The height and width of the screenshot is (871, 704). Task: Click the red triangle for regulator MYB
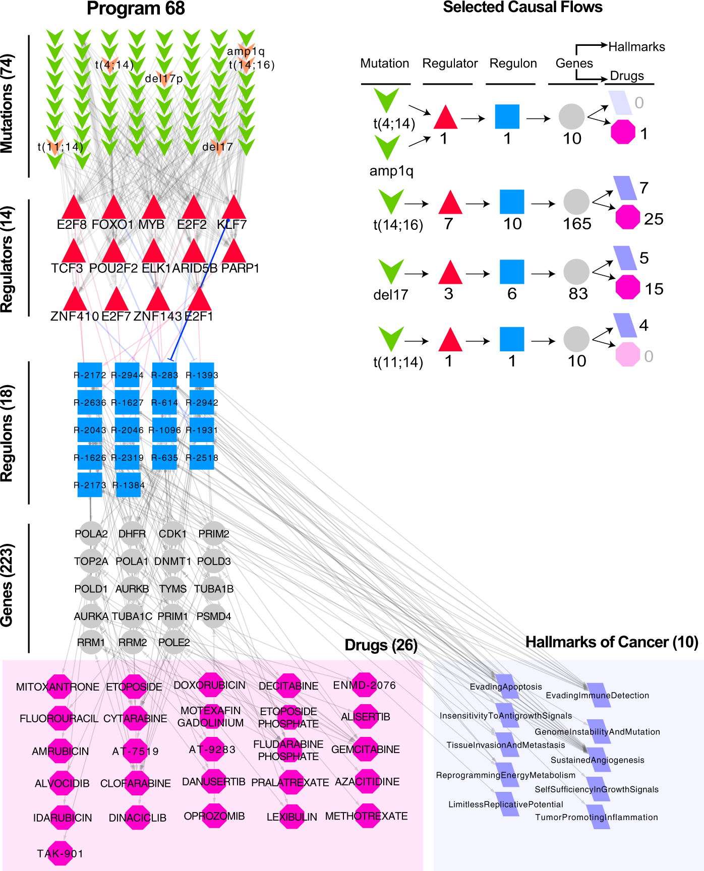click(154, 208)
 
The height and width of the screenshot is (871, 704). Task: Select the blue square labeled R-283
click(164, 375)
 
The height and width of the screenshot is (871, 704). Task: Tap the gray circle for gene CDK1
click(172, 533)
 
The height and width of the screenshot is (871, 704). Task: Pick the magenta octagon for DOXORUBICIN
click(210, 685)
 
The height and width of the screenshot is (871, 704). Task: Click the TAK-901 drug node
click(61, 853)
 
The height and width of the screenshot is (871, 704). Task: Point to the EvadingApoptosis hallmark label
click(506, 687)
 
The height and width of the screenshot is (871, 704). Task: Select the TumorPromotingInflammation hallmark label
click(597, 817)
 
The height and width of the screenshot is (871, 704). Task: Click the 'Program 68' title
click(136, 9)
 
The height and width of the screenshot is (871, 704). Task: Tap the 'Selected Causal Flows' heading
click(522, 7)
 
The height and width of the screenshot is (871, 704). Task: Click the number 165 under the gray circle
click(577, 224)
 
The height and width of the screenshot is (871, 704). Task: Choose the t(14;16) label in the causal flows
click(398, 225)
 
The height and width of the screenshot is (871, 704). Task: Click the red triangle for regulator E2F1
click(199, 300)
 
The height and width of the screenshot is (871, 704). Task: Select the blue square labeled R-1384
click(129, 485)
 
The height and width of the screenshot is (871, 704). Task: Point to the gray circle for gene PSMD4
click(214, 616)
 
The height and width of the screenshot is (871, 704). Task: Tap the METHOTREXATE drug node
click(367, 816)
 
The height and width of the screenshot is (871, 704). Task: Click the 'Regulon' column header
click(513, 64)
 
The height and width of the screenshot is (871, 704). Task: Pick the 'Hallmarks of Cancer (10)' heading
click(612, 642)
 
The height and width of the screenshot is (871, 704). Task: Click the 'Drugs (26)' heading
click(381, 645)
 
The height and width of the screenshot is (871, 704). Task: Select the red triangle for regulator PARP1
click(234, 252)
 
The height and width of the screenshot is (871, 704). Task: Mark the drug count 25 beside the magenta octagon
click(654, 219)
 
